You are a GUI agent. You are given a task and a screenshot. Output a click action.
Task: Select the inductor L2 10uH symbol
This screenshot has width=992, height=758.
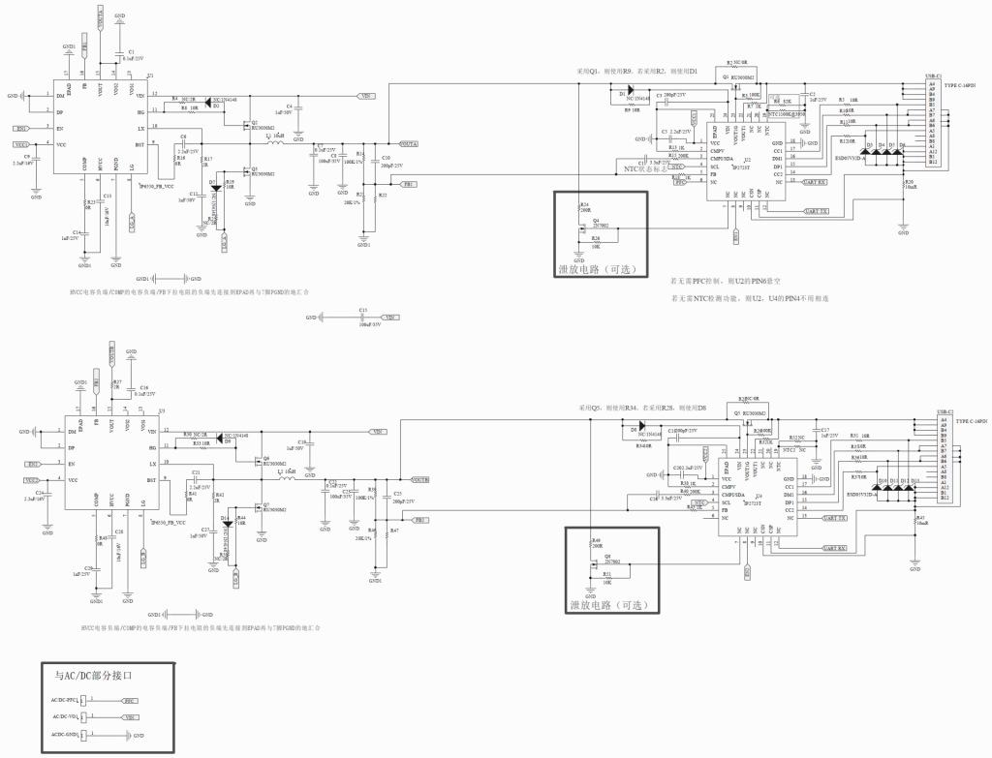point(288,479)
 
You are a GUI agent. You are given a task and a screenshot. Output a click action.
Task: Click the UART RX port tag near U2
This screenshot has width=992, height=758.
point(816,182)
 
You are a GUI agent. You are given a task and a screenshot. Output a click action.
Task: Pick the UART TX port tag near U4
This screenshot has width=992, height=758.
point(835,519)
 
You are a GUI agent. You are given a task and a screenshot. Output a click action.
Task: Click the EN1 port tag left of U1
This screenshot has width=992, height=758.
point(20,128)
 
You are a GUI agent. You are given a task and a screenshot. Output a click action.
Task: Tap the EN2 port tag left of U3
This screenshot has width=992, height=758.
point(32,465)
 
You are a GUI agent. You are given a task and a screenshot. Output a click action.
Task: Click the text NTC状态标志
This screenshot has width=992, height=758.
point(644,167)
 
